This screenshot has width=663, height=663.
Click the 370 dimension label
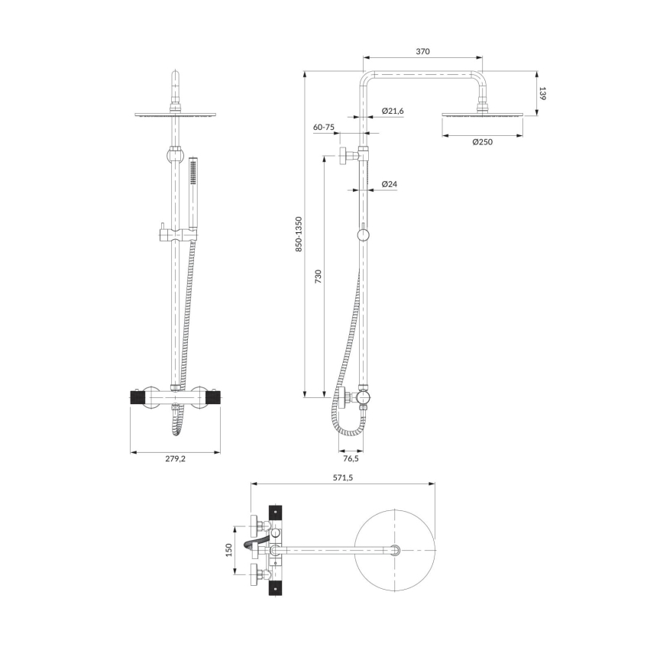coord(423,51)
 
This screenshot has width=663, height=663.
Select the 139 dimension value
coord(543,94)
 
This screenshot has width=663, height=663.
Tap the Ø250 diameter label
coord(483,142)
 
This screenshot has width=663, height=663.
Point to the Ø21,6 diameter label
coord(393,112)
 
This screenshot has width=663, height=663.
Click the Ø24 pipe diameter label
coord(390,184)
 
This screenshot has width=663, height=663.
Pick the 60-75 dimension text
coord(323,128)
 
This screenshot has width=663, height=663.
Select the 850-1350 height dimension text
coord(299,234)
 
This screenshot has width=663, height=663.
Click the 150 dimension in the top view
coord(228,549)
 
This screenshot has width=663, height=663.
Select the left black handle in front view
coord(137,398)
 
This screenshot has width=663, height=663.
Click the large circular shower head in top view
coord(395,550)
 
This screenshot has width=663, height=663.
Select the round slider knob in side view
coord(364,234)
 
